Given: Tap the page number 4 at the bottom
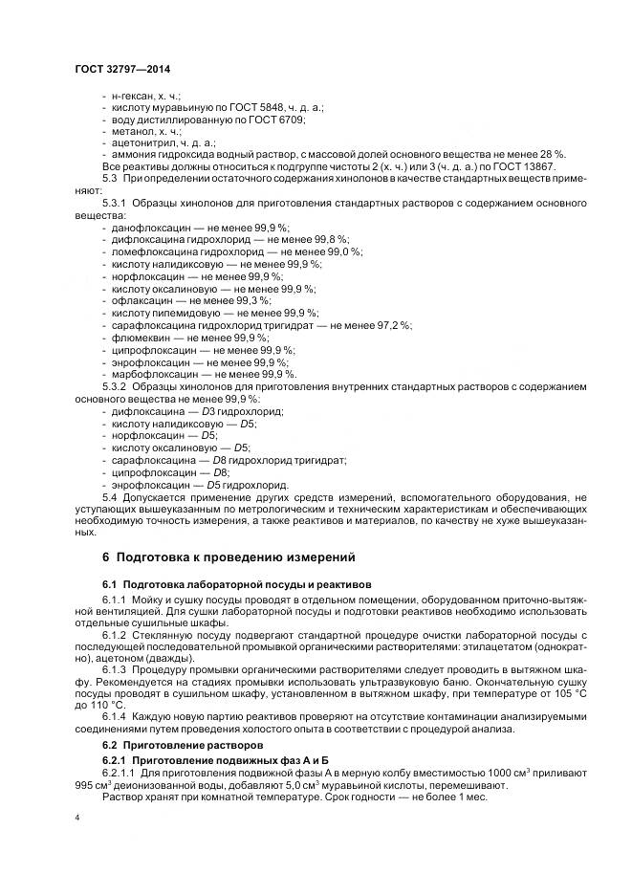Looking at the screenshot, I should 77,818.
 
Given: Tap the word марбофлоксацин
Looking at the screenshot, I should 154,374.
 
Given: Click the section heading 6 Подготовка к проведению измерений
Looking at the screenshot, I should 215,556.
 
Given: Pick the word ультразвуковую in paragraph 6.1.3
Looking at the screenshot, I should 365,684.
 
